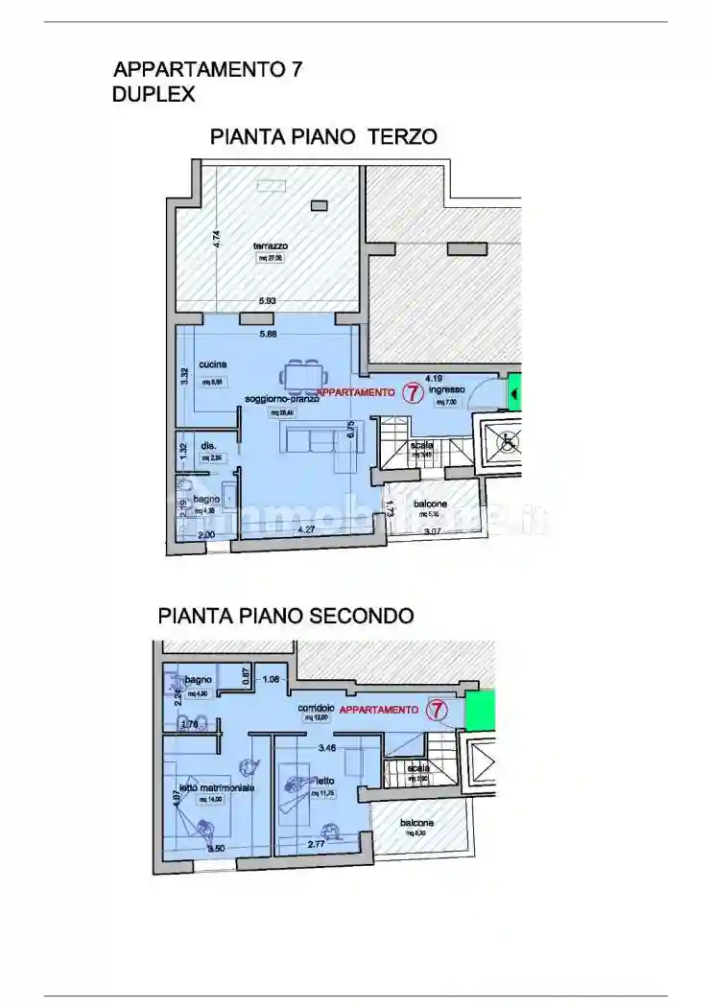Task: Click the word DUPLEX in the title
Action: coord(154,94)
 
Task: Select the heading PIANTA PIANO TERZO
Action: coord(323,137)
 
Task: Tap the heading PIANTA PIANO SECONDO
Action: coord(285,615)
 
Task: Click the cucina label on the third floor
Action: coord(212,364)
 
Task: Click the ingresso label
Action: coord(447,389)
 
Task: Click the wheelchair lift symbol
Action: coord(507,441)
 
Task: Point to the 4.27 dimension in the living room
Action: coord(306,529)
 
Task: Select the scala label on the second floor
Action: coord(417,768)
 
